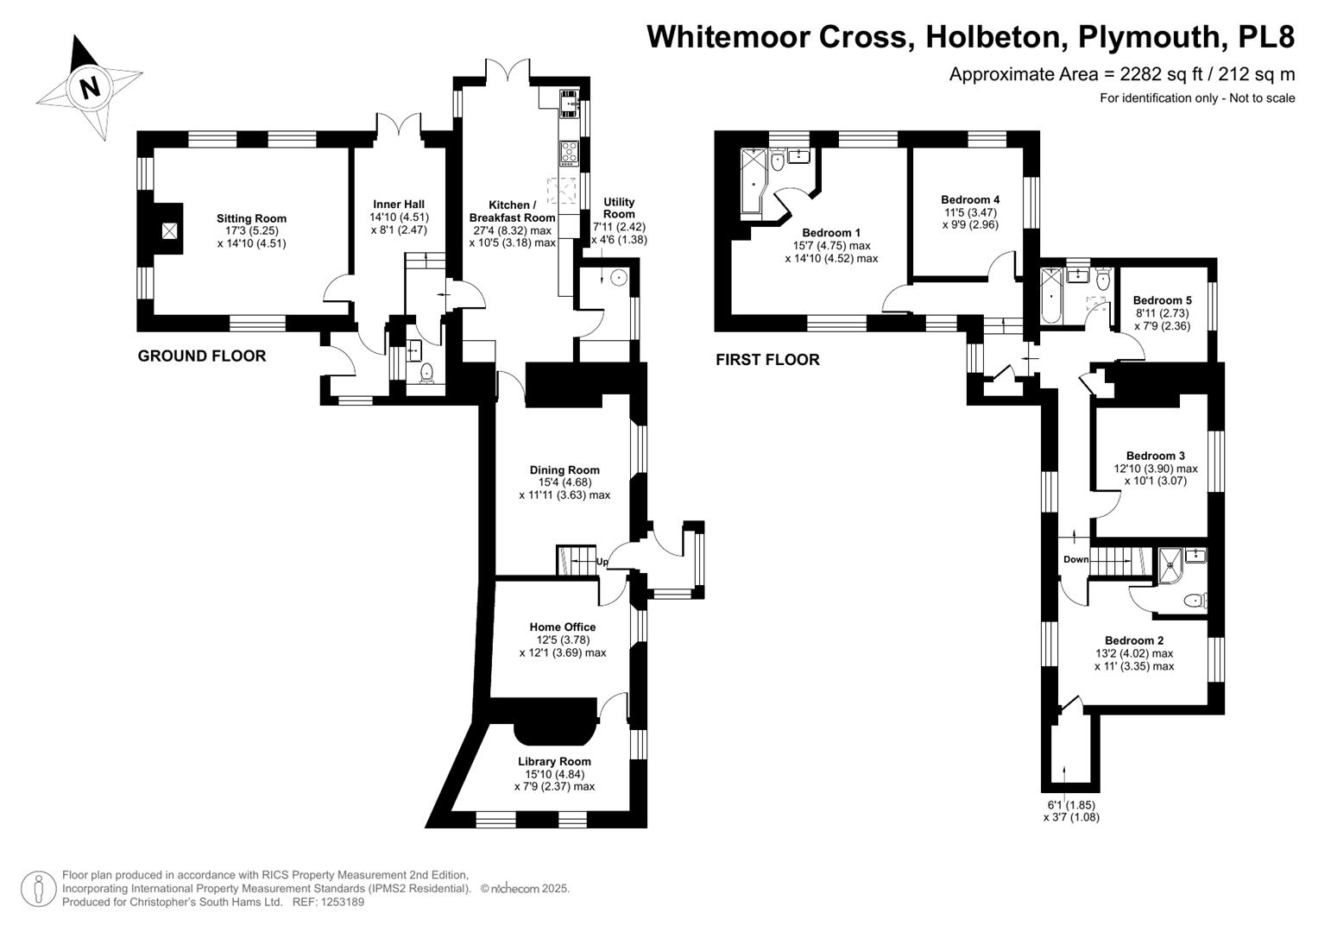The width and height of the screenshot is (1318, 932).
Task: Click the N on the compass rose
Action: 90,88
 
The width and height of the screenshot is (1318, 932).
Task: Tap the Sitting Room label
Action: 251,218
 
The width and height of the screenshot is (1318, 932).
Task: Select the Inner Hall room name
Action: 399,205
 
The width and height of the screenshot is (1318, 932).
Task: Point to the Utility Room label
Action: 619,208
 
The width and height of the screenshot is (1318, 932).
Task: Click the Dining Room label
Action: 564,469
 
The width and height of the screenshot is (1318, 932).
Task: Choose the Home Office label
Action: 563,627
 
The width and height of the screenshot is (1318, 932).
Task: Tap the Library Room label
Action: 554,761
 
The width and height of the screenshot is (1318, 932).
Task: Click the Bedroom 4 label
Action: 969,199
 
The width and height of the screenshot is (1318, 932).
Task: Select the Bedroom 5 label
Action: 1162,300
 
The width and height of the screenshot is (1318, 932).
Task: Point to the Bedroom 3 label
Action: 1156,456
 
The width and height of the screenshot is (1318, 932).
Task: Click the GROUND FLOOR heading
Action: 202,356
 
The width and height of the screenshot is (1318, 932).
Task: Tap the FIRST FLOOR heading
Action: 767,360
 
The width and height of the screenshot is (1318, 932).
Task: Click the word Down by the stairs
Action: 1075,559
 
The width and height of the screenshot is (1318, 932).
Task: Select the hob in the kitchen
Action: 569,152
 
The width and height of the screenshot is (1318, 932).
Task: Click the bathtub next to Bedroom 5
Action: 1051,296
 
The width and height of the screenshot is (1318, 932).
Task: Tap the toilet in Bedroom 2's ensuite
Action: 1195,600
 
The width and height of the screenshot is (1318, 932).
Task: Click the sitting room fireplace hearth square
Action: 169,230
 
